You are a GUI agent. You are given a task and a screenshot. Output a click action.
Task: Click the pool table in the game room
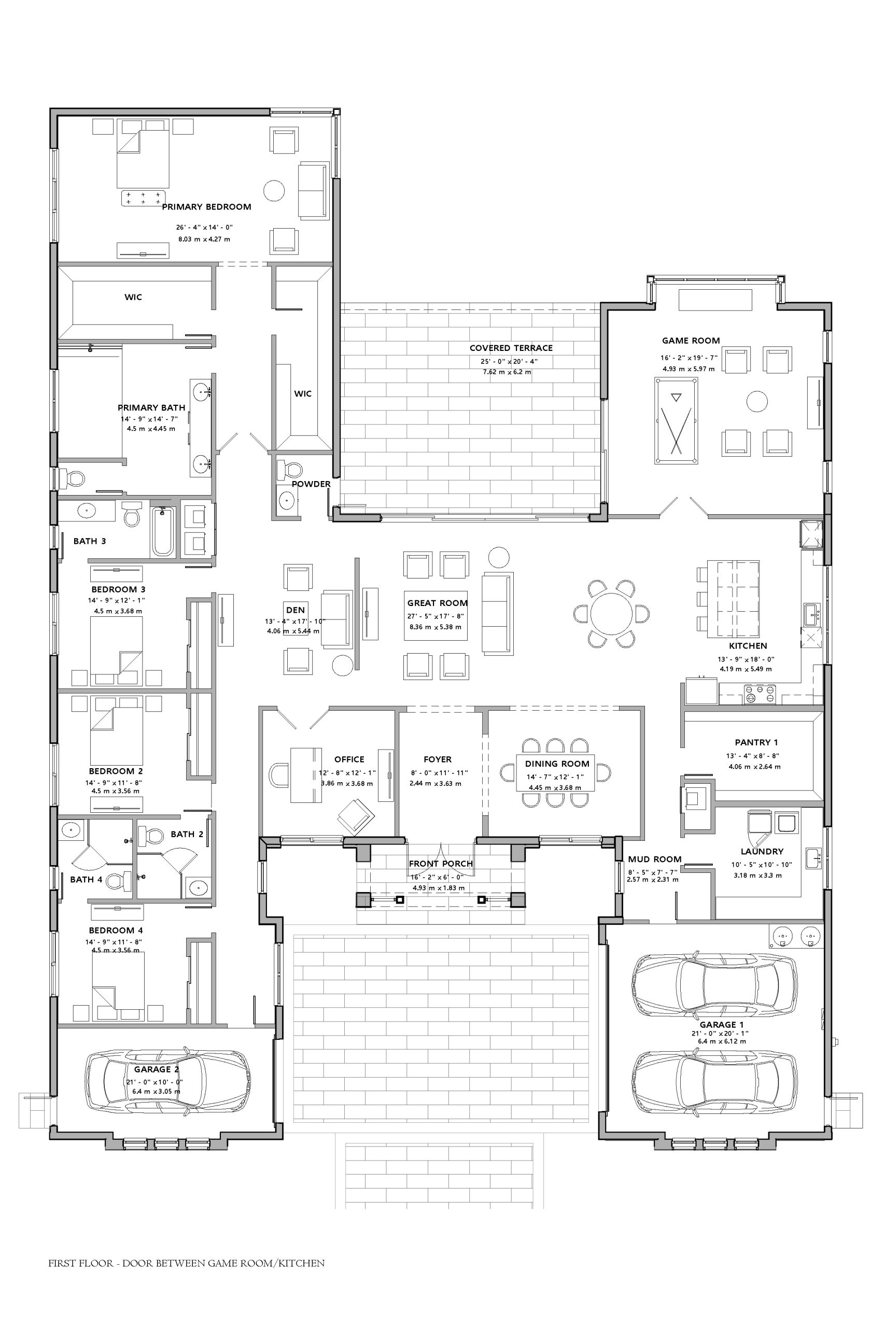point(676,421)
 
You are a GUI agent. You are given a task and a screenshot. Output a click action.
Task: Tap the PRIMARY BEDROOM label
point(206,207)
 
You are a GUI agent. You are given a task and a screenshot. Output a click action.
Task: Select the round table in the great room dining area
point(611,613)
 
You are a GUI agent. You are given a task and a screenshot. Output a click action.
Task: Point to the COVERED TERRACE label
point(511,348)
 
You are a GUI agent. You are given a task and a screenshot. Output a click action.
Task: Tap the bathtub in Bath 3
point(163,531)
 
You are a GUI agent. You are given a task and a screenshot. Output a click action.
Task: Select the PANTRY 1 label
point(756,742)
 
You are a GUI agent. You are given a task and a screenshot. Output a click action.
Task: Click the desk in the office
point(306,774)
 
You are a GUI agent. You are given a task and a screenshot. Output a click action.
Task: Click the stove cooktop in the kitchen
point(759,694)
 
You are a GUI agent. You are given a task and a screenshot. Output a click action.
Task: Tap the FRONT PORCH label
point(441,864)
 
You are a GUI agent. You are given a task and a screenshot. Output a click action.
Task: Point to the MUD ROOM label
point(655,859)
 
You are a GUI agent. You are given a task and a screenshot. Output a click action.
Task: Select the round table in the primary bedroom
point(274,191)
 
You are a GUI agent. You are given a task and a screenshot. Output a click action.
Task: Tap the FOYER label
point(438,759)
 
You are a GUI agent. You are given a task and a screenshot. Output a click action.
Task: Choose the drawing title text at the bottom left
point(187,1263)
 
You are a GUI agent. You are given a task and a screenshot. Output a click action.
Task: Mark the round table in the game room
point(757,402)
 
